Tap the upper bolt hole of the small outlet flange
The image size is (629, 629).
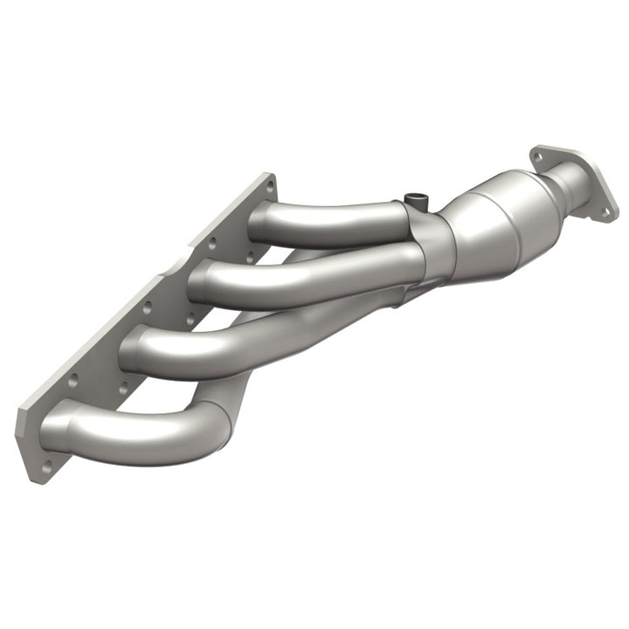point(538,158)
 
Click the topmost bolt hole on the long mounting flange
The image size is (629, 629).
point(269,186)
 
